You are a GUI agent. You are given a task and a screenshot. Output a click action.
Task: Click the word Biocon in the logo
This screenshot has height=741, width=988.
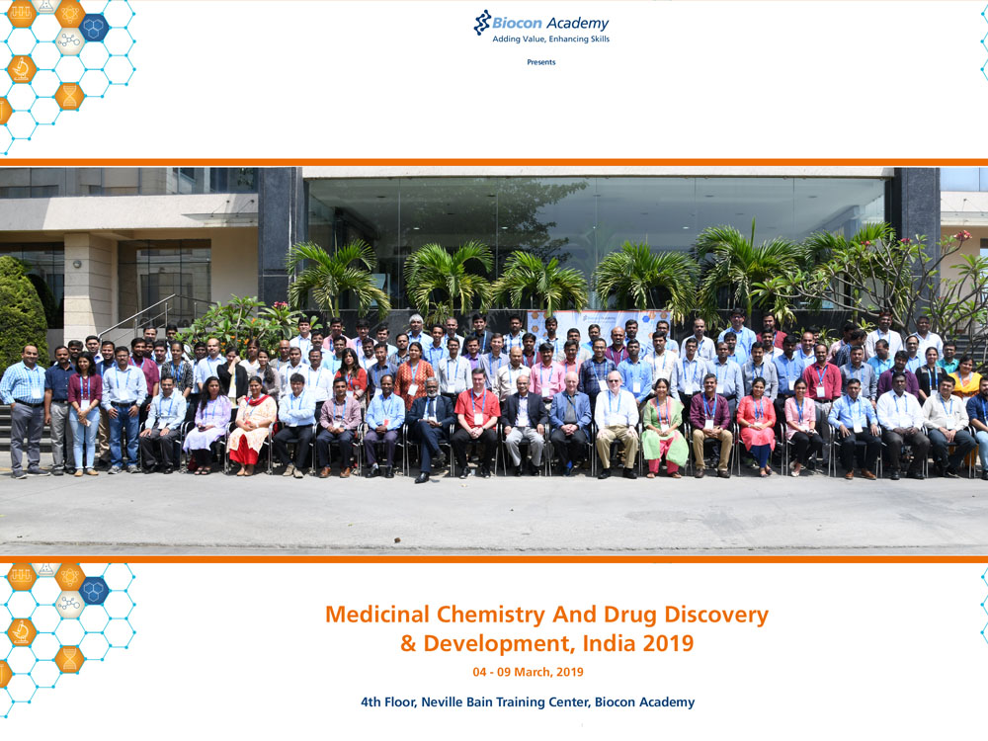coord(517,24)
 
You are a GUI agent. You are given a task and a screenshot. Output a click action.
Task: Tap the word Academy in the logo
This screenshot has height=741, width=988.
coord(577,24)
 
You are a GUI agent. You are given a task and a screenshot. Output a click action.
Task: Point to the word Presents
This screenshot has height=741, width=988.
coord(541,61)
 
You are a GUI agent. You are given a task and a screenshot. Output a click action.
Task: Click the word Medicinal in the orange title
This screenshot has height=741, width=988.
coord(377,615)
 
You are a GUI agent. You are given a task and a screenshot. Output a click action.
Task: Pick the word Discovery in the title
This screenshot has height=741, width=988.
coord(716,615)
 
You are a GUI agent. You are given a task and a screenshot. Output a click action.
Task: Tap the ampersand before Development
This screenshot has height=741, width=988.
coord(408,644)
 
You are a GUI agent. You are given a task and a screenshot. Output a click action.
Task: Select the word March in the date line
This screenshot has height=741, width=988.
coord(533,672)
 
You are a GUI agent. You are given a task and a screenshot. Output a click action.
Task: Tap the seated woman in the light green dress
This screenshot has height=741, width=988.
coord(664,429)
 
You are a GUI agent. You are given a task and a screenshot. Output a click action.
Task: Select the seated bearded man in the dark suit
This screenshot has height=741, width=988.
coord(431,429)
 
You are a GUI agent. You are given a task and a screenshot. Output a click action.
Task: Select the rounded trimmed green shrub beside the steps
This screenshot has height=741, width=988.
coord(22,312)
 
